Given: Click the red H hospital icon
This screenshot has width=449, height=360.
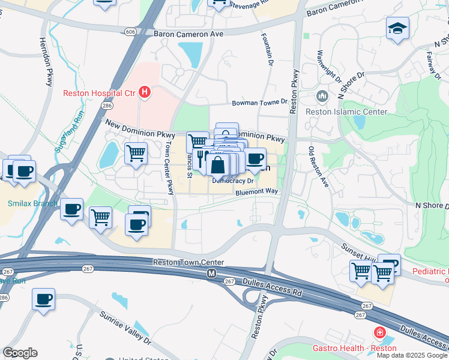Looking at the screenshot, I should (144, 92).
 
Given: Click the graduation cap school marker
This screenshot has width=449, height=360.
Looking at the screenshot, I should (397, 28).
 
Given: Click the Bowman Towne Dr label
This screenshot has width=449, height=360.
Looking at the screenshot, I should (260, 103).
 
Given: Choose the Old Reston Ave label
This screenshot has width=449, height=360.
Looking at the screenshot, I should (319, 166).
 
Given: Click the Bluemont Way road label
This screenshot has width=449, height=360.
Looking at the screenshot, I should (257, 192).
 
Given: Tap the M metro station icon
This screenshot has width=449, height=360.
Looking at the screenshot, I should (211, 273).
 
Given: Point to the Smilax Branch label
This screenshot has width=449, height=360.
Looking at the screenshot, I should (32, 203).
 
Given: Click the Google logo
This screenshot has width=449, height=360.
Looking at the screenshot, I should (20, 353).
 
